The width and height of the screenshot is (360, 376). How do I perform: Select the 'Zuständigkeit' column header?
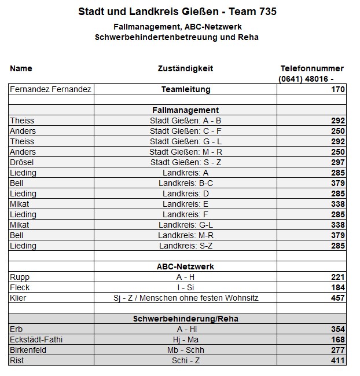[185, 68]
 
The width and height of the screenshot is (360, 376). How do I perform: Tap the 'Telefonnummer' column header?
[311, 68]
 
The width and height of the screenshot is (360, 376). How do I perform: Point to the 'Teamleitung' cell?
[185, 89]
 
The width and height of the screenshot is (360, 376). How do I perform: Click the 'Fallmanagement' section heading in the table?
[185, 110]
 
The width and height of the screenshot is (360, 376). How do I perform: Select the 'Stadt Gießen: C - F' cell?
[185, 131]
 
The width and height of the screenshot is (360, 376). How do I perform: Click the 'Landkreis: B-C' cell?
[185, 183]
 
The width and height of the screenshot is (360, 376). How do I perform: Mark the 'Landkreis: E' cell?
[185, 204]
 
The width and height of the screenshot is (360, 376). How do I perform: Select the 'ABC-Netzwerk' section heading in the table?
[185, 267]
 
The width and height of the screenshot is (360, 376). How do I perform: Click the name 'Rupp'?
[20, 277]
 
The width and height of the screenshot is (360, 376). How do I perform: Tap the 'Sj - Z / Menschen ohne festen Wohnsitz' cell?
[185, 298]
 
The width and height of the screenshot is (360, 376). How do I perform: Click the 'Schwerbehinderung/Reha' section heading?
[185, 319]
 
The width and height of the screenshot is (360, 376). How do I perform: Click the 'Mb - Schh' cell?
[185, 350]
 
